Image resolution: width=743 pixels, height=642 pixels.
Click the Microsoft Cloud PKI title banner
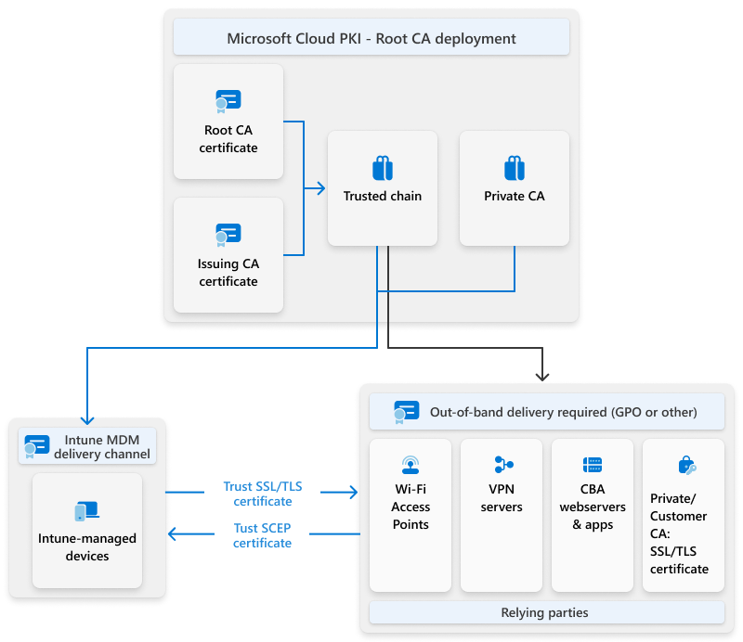coord(371,39)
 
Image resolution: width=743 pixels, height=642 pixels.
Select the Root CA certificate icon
coord(228,100)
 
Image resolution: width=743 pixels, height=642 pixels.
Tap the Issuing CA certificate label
coord(228,273)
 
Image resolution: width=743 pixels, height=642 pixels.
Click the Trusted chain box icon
coord(383,168)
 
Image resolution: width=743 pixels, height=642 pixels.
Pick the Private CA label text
coord(515,197)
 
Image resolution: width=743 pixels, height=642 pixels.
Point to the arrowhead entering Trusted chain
coord(320,188)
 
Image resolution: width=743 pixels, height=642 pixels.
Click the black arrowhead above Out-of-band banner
coord(543,376)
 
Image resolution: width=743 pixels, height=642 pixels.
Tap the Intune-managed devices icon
coord(87,511)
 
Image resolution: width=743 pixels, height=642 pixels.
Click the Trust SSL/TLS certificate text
coord(263,494)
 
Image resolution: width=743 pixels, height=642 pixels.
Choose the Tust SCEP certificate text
coord(263,535)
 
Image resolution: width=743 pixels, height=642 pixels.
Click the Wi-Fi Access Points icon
coord(411,465)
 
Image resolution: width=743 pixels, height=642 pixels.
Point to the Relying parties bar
coord(546,612)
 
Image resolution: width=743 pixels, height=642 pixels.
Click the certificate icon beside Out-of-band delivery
coord(406,412)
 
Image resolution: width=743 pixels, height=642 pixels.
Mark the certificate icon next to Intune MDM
coord(36,446)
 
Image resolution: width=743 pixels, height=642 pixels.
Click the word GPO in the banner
coord(628,412)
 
